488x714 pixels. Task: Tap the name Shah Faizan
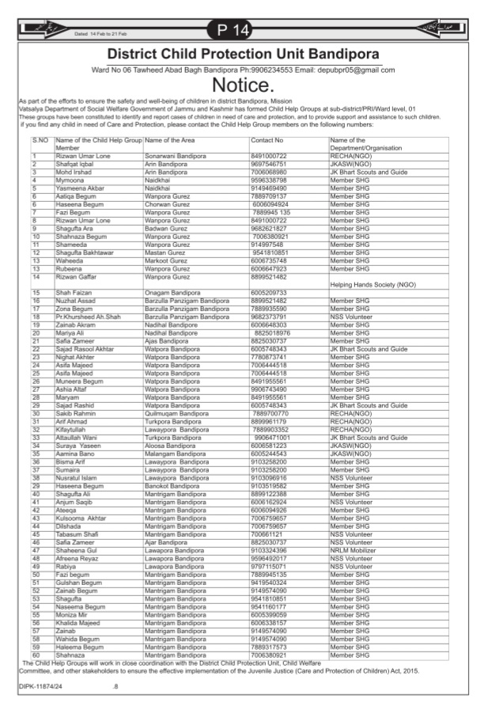[74, 293]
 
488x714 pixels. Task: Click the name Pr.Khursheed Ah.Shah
[88, 317]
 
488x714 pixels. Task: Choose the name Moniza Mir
[73, 613]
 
